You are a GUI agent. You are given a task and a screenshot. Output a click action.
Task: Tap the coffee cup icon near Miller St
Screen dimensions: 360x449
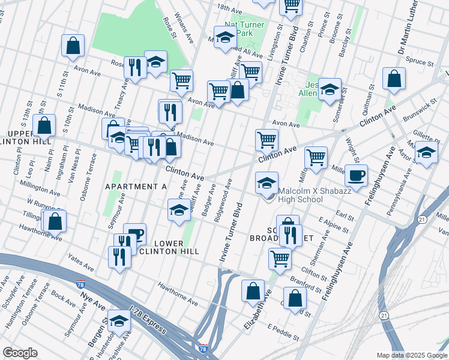click(x=356, y=176)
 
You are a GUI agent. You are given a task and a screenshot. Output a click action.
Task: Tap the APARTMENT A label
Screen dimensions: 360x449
click(x=136, y=187)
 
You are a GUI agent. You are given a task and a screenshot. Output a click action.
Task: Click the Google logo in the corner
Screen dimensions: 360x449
click(x=20, y=352)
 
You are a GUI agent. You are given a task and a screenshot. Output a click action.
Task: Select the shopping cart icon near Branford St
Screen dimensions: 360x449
click(x=279, y=259)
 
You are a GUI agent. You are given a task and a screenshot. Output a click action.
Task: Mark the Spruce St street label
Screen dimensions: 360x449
click(x=420, y=62)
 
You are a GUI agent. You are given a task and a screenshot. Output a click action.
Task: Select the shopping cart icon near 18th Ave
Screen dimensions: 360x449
click(x=291, y=6)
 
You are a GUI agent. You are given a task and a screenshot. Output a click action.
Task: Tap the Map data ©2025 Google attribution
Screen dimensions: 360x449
click(x=411, y=355)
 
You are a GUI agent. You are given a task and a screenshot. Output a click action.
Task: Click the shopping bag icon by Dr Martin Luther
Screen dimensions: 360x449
click(x=394, y=79)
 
